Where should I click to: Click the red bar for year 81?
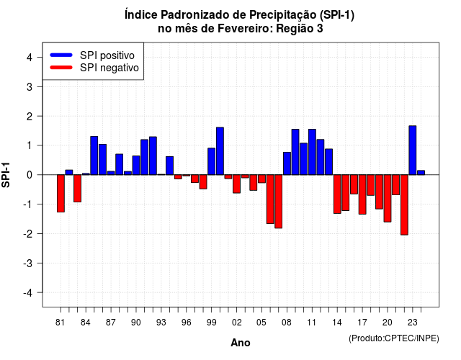[61, 194]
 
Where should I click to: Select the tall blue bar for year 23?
[413, 150]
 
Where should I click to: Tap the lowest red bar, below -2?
[404, 204]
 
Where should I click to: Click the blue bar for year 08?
[287, 163]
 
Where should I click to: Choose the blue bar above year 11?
[312, 152]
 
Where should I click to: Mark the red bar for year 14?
[337, 194]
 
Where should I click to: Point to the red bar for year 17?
[362, 194]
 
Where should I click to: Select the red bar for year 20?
[388, 199]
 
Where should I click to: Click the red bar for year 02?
[237, 184]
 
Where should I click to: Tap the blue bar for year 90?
[136, 165]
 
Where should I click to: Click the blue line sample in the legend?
[61, 55]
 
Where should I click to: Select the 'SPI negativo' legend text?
[109, 68]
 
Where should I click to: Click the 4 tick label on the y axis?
[30, 58]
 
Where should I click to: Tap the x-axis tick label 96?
[187, 323]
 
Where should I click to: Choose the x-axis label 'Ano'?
[241, 343]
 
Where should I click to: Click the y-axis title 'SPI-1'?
[6, 175]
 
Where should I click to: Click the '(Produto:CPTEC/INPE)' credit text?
[394, 338]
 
